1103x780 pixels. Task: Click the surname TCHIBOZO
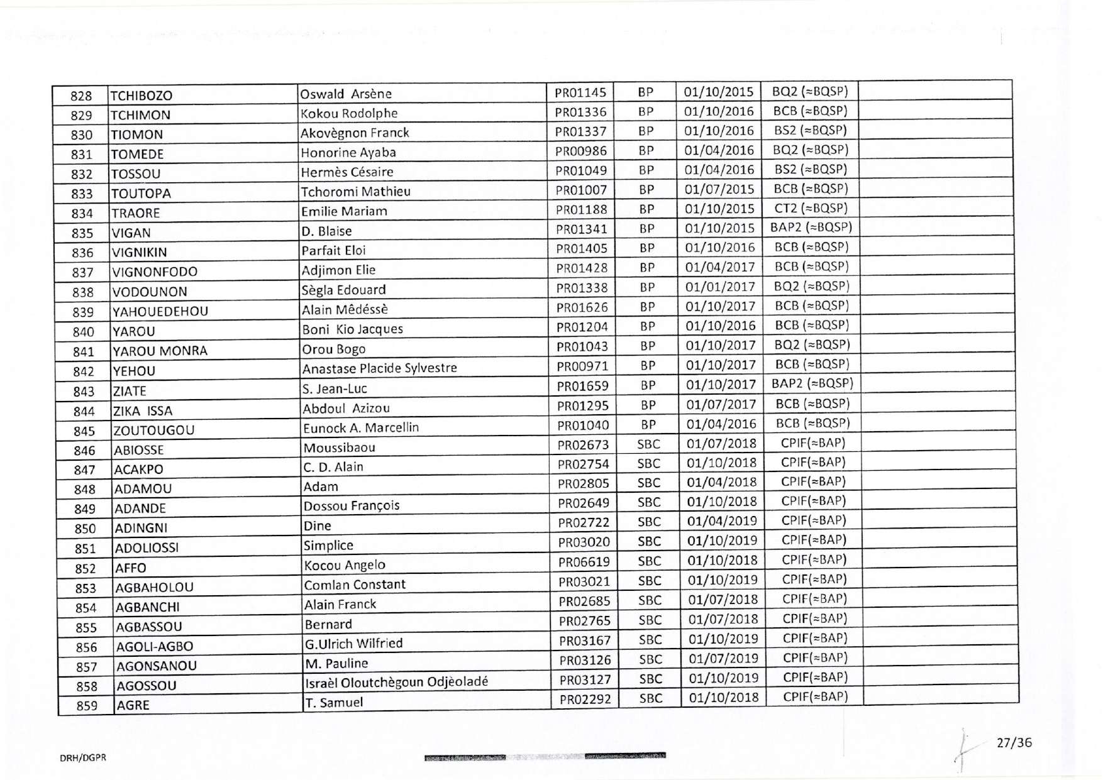pyautogui.click(x=141, y=96)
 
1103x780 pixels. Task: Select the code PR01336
pyautogui.click(x=580, y=112)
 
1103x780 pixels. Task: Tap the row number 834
pyautogui.click(x=82, y=213)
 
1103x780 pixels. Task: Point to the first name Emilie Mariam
pyautogui.click(x=344, y=211)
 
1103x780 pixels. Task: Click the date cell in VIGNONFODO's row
pyautogui.click(x=719, y=267)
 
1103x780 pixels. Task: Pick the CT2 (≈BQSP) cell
pyautogui.click(x=811, y=208)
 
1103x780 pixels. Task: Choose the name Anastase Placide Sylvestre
pyautogui.click(x=380, y=368)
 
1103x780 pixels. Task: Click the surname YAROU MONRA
pyautogui.click(x=160, y=351)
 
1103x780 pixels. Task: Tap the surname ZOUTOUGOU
pyautogui.click(x=153, y=431)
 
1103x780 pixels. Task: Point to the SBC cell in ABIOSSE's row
pyautogui.click(x=648, y=444)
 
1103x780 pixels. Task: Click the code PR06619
pyautogui.click(x=584, y=562)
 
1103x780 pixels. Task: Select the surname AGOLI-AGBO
pyautogui.click(x=155, y=646)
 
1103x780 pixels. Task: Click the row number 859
pyautogui.click(x=87, y=705)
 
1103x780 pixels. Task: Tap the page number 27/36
pyautogui.click(x=1014, y=742)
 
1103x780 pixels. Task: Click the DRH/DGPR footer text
pyautogui.click(x=83, y=758)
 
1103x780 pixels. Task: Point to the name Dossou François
pyautogui.click(x=352, y=506)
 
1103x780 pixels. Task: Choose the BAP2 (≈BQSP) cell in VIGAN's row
pyautogui.click(x=811, y=228)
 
